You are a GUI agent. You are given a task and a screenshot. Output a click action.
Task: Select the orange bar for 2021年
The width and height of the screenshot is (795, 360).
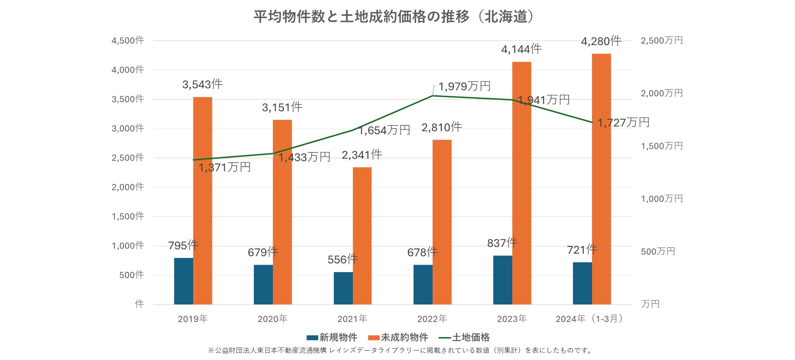pyautogui.click(x=362, y=236)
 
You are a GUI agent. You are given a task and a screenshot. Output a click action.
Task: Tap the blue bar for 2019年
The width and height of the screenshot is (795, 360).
pyautogui.click(x=183, y=281)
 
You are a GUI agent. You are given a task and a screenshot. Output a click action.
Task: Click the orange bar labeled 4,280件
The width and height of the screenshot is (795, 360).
pyautogui.click(x=601, y=178)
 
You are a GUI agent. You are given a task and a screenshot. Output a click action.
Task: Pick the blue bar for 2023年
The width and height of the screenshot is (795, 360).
pyautogui.click(x=503, y=280)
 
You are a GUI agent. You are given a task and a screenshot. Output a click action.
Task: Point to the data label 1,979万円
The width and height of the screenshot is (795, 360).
pyautogui.click(x=464, y=86)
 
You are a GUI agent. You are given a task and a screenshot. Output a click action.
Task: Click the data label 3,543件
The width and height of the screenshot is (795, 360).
pyautogui.click(x=202, y=84)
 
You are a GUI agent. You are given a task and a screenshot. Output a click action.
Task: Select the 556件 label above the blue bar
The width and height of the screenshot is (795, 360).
pyautogui.click(x=343, y=259)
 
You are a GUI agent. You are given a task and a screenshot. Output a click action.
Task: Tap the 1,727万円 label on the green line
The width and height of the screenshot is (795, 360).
pyautogui.click(x=623, y=123)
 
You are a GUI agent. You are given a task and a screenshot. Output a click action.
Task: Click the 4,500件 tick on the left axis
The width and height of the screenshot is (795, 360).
pyautogui.click(x=128, y=41)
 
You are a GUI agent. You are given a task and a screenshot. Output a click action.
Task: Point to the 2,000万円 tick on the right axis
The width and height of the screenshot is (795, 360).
pyautogui.click(x=661, y=93)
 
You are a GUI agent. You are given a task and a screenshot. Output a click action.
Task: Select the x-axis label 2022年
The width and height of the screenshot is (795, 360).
pyautogui.click(x=432, y=319)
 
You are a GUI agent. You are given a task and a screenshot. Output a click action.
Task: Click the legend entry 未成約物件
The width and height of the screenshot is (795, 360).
pyautogui.click(x=398, y=337)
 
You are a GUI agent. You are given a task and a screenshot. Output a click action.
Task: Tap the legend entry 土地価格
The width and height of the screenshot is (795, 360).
pyautogui.click(x=464, y=337)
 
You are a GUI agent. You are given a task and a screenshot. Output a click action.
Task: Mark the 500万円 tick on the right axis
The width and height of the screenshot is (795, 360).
pyautogui.click(x=658, y=252)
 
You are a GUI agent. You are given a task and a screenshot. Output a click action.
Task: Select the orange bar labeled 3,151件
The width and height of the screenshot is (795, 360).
pyautogui.click(x=282, y=212)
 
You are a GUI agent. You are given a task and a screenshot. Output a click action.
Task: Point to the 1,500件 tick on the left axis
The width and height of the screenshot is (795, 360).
pyautogui.click(x=128, y=216)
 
